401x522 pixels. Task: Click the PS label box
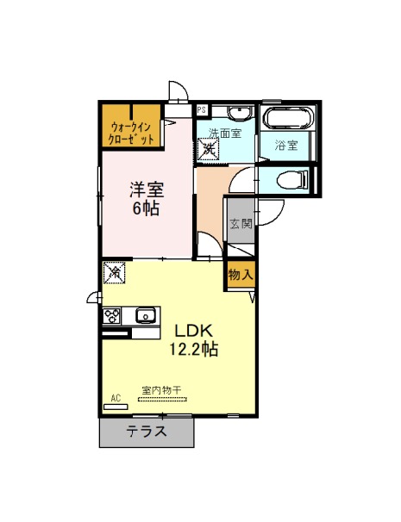click(x=202, y=110)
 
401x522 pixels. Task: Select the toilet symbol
click(x=292, y=180)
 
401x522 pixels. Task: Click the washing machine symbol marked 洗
click(x=208, y=149)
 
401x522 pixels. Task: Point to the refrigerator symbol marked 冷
click(x=115, y=273)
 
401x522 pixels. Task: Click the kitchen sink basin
click(x=146, y=315)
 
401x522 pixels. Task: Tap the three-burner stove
click(x=111, y=315)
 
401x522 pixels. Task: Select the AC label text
click(x=116, y=398)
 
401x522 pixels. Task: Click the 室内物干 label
click(x=161, y=390)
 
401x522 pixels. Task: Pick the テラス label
click(x=147, y=432)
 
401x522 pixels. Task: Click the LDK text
click(x=194, y=331)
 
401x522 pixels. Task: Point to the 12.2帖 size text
click(x=194, y=349)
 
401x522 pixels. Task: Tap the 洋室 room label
click(x=147, y=190)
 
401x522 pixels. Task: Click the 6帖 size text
click(x=146, y=208)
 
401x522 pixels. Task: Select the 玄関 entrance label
click(x=241, y=224)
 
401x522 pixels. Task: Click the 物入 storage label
click(x=241, y=275)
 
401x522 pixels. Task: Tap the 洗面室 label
click(x=225, y=133)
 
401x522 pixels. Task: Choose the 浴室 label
click(x=286, y=146)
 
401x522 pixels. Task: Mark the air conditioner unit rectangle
click(x=116, y=407)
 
